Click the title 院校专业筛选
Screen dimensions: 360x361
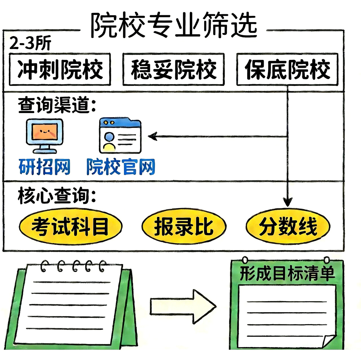coord(174,25)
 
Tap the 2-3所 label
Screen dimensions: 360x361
coord(30,43)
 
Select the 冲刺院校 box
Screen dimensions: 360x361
coord(60,70)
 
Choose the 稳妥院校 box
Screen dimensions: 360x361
coord(173,70)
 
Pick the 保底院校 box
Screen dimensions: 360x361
coord(287,70)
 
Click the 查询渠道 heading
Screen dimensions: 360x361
coord(57,105)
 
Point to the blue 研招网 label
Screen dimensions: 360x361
coord(44,167)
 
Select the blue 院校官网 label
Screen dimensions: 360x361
coord(121,167)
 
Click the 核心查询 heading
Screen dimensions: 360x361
coord(57,195)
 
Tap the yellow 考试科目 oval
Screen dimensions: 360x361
coord(70,227)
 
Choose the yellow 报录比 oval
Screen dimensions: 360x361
coord(184,227)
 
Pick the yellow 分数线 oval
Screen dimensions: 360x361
coord(288,227)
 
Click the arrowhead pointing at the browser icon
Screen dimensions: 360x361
coord(153,136)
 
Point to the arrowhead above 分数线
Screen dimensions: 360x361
coord(287,202)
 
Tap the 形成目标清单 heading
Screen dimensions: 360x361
coord(287,273)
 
